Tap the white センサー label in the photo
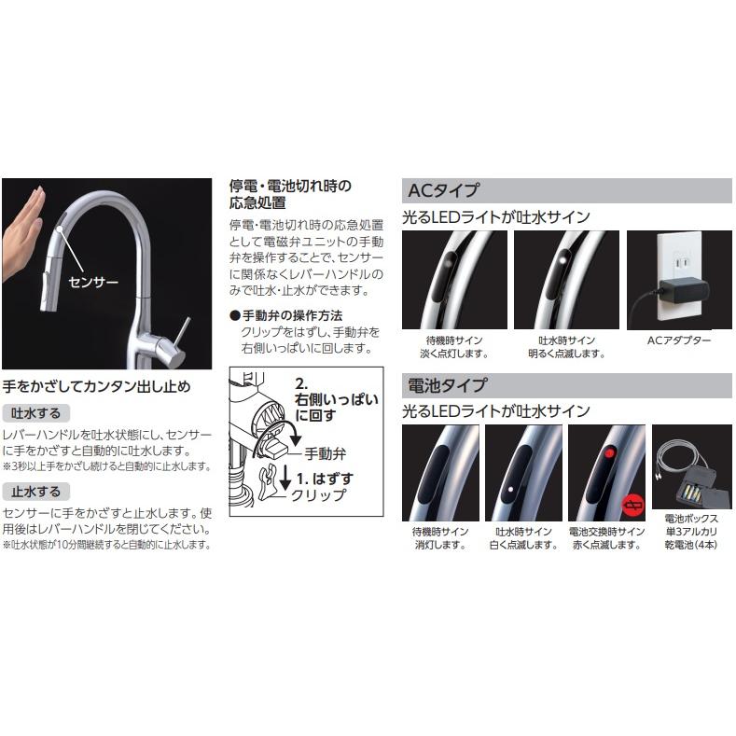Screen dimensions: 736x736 pyautogui.click(x=92, y=278)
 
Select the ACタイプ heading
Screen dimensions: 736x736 pyautogui.click(x=443, y=190)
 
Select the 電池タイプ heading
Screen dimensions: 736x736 pyautogui.click(x=444, y=383)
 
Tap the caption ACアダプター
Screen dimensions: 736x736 pyautogui.click(x=678, y=340)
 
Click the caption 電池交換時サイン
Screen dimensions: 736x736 pyautogui.click(x=605, y=531)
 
